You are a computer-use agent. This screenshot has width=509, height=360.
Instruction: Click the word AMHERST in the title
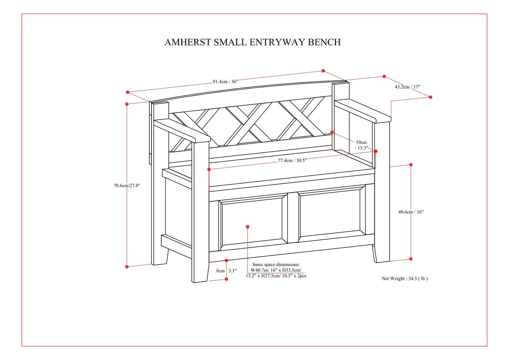click(188, 42)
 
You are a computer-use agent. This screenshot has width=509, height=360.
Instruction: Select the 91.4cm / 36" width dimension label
click(225, 82)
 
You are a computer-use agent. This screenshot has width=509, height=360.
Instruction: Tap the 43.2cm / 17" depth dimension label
click(407, 87)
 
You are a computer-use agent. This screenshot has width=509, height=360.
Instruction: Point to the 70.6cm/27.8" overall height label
click(127, 186)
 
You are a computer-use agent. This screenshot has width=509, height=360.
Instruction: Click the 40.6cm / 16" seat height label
click(411, 212)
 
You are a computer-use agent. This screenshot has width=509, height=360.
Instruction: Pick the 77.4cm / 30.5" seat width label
click(292, 161)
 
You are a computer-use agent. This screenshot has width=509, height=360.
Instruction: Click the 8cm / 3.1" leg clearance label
click(226, 271)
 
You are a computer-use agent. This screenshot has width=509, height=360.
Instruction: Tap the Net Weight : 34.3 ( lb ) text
click(405, 279)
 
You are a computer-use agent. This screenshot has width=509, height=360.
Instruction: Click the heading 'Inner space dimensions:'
click(276, 265)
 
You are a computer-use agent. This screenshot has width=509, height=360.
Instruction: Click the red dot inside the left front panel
click(248, 227)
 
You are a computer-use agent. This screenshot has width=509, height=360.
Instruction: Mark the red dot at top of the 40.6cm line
click(411, 165)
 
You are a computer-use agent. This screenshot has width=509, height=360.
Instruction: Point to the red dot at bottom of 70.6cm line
click(127, 267)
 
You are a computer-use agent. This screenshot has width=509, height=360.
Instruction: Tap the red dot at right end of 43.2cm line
click(430, 97)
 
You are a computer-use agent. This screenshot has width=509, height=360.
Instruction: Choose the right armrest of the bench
click(363, 110)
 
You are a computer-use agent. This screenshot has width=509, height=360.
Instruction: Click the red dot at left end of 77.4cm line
click(209, 169)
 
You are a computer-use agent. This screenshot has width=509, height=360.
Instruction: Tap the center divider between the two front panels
click(293, 218)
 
